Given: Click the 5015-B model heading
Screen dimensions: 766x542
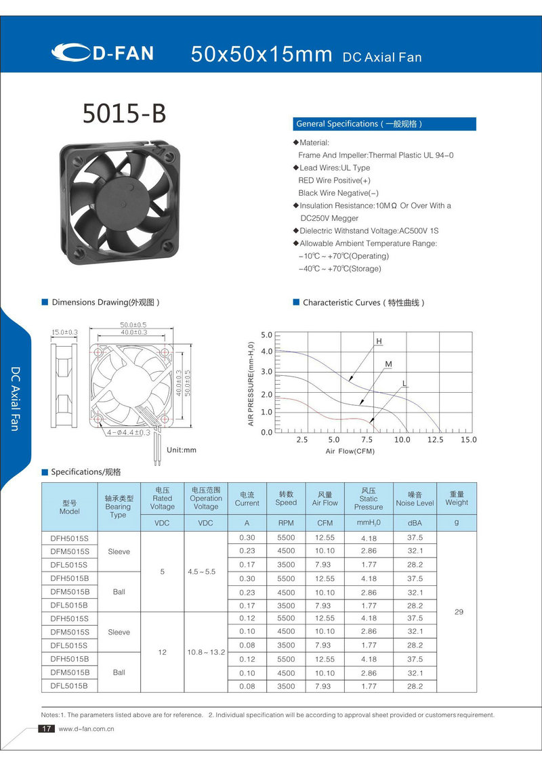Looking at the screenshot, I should [x=124, y=114].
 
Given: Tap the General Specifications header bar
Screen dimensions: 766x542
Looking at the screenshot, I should [x=385, y=124].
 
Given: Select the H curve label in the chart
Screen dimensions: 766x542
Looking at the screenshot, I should [x=379, y=341].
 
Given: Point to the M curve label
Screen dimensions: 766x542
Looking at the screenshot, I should [x=389, y=364].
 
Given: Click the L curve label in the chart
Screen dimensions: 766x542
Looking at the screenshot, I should [x=404, y=384].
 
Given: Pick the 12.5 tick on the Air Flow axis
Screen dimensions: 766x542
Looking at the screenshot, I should [x=435, y=440].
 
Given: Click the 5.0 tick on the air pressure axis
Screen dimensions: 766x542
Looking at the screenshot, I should [x=266, y=335].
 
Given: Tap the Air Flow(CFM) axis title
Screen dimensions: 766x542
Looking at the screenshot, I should [x=350, y=450].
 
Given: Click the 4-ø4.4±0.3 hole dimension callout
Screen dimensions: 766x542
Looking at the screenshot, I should [x=127, y=432].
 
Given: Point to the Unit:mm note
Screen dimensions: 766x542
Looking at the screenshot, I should [x=181, y=450].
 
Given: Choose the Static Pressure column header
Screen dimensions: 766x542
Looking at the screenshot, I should [x=369, y=498].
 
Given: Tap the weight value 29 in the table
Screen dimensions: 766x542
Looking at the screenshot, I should [x=459, y=612].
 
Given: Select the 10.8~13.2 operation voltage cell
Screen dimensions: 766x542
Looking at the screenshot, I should [x=206, y=652].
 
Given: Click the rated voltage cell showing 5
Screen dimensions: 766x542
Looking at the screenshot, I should [x=163, y=572].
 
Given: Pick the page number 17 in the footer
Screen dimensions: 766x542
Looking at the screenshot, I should [x=46, y=729].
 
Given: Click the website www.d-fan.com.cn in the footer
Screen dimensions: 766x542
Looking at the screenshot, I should [x=86, y=729].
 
